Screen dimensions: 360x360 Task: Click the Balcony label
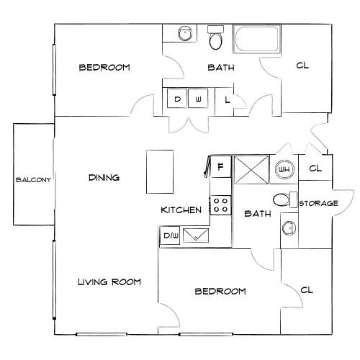coord(33,180)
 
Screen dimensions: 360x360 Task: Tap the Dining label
coord(104,178)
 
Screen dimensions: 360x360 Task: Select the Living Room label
coord(109,282)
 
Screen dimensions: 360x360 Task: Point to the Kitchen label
coord(181,210)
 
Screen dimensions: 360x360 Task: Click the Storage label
coord(318,204)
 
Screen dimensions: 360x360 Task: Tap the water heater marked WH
coord(284,169)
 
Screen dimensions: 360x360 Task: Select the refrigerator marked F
coord(220,166)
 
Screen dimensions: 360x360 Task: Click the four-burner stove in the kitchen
coord(220,205)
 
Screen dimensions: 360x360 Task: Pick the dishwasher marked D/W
coord(170,235)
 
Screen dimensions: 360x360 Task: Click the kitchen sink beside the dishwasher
coord(196,235)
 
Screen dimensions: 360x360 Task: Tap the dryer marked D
coord(177,99)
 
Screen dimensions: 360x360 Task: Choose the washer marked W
coord(198,99)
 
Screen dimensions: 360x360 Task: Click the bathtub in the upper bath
coord(257,39)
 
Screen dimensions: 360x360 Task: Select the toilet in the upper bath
coord(216,37)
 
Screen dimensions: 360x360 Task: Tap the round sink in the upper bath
coord(185,33)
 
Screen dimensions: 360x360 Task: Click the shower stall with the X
coord(251,170)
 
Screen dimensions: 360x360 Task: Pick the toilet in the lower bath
coord(285,200)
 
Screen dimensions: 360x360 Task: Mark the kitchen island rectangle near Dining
coord(160,172)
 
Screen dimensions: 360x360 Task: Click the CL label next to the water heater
coord(315,168)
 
